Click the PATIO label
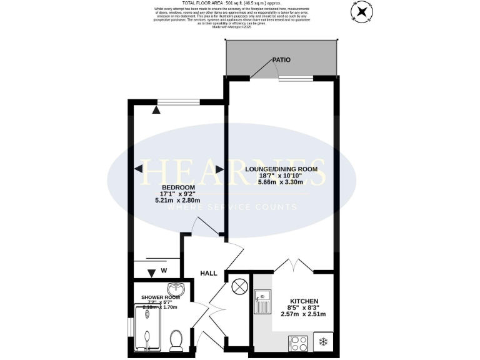[281, 60]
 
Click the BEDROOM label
[178, 187]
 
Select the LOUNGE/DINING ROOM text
[281, 169]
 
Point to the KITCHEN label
[304, 301]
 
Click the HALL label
[209, 274]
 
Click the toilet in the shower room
[176, 341]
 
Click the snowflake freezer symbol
[323, 342]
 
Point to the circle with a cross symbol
[239, 287]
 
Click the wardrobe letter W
[164, 271]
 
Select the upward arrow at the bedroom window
[156, 109]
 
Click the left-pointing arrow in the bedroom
[138, 169]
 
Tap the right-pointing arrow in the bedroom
[219, 169]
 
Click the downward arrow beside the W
[151, 272]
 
